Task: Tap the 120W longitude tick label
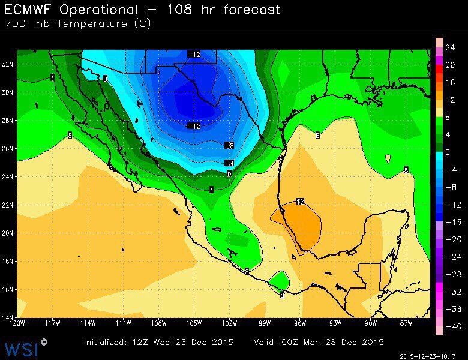click(18, 324)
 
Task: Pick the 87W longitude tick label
click(406, 324)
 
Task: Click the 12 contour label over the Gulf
click(300, 201)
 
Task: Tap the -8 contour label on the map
click(229, 145)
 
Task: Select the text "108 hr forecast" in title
click(227, 10)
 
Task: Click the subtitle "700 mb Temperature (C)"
click(78, 24)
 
